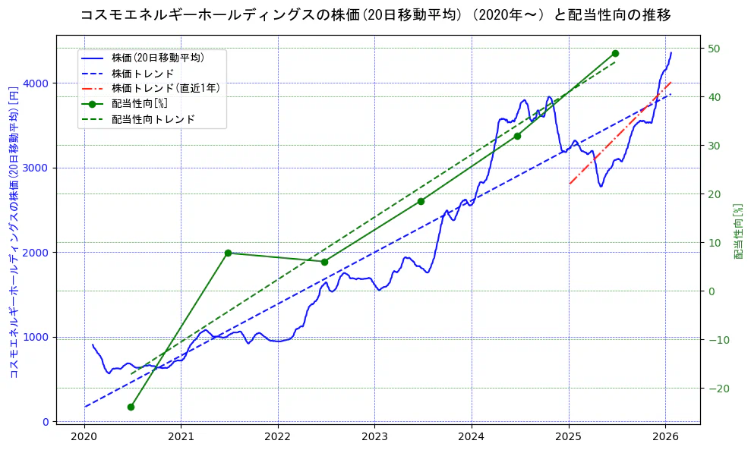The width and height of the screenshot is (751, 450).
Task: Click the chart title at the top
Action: [x=375, y=15]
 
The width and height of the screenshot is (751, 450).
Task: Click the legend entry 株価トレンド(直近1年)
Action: [x=166, y=88]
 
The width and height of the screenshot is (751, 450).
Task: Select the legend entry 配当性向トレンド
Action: [x=153, y=119]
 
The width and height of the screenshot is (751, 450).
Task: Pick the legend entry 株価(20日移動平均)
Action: [x=157, y=57]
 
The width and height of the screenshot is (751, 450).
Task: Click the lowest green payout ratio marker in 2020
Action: [x=131, y=407]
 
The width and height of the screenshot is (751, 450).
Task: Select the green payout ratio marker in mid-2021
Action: [x=228, y=253]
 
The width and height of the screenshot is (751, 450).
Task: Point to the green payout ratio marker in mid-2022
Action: [x=324, y=262]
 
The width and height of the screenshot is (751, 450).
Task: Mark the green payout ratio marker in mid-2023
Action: [x=421, y=201]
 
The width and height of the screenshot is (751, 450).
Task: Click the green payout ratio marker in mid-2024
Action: [x=517, y=136]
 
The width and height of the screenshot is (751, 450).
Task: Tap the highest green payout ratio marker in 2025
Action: [x=615, y=54]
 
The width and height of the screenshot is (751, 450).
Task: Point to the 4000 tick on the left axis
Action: [x=38, y=83]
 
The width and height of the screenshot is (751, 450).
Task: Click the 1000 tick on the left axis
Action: [x=38, y=337]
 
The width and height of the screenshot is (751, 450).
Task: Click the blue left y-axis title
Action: [x=13, y=232]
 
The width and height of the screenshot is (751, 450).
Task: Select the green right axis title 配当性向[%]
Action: [x=737, y=232]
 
